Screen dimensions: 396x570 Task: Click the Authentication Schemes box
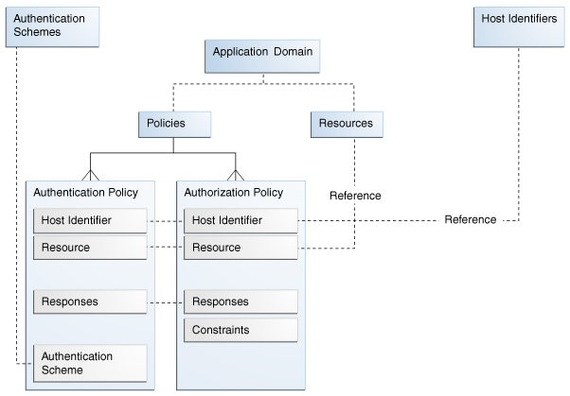pos(52,25)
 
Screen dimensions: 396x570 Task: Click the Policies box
pos(172,124)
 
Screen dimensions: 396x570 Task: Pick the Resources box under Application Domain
pos(347,124)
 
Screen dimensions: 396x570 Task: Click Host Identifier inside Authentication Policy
pos(90,221)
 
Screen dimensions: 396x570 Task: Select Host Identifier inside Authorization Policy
pos(240,221)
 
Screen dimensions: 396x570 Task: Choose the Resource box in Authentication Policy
pos(90,248)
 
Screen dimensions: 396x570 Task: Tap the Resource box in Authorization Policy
pos(240,248)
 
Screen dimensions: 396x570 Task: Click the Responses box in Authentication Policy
pos(90,301)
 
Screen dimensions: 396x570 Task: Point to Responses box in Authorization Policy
pos(240,301)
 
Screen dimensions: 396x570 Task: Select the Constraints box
pos(240,330)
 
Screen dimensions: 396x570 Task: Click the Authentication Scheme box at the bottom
pos(90,363)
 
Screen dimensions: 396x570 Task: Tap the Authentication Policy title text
pos(85,193)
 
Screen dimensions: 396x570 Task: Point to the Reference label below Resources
pos(355,196)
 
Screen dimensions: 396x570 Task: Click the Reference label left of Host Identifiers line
pos(470,220)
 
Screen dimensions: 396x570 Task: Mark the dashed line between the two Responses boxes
pos(166,302)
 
